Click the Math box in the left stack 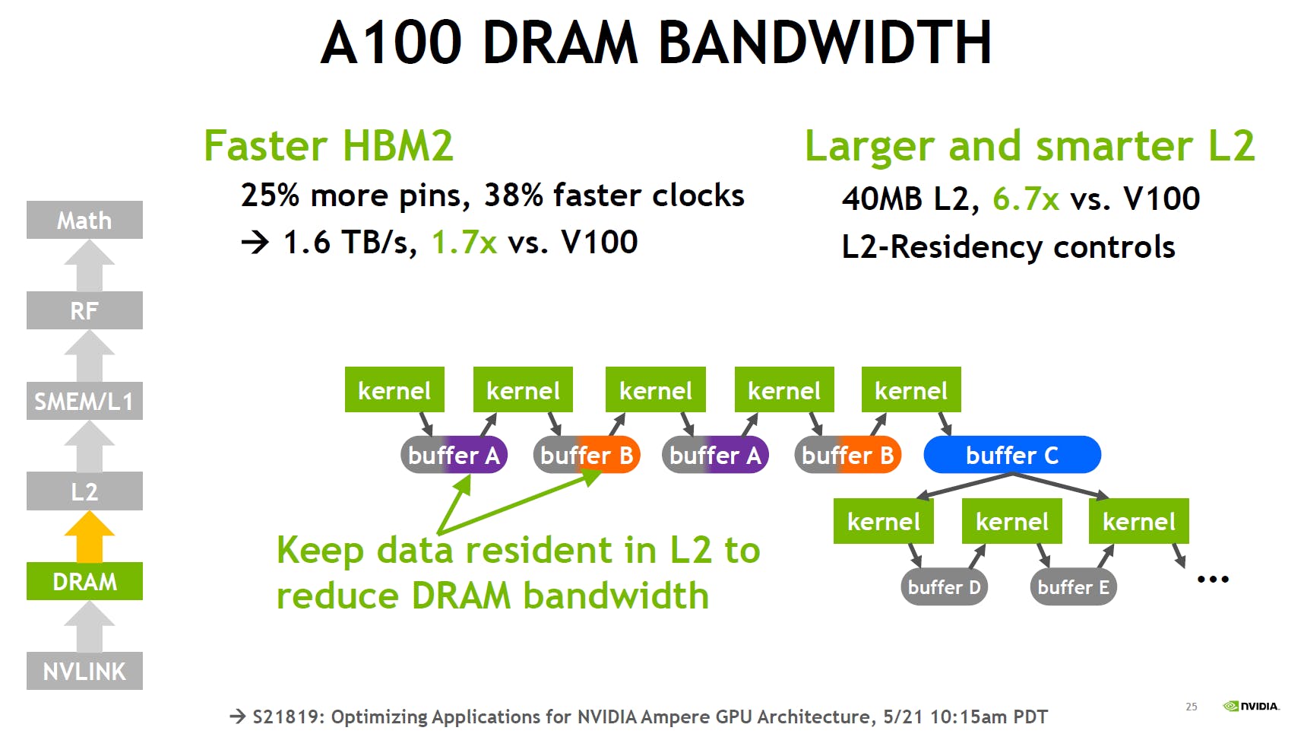[x=84, y=220]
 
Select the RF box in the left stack [x=84, y=310]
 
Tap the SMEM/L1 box [x=84, y=401]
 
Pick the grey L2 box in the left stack [x=84, y=491]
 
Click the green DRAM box [x=84, y=582]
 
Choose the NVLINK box [x=84, y=671]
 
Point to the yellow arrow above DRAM [x=90, y=536]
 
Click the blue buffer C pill [x=1012, y=455]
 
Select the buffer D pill [x=944, y=587]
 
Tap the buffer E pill [x=1073, y=587]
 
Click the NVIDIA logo [x=1251, y=706]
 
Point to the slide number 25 [x=1192, y=707]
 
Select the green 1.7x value [x=464, y=243]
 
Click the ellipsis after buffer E [x=1213, y=580]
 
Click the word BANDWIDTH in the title [x=824, y=42]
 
